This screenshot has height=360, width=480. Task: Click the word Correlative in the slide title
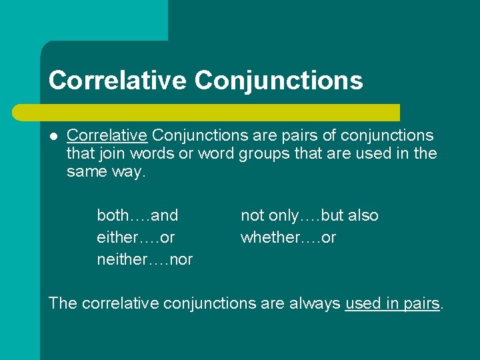(x=117, y=81)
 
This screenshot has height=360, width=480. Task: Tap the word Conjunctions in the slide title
(x=279, y=81)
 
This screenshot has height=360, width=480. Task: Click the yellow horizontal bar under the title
(x=220, y=112)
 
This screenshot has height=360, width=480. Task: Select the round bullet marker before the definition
(x=53, y=136)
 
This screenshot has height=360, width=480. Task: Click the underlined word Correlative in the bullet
(x=107, y=135)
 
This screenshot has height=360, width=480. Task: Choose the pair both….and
(x=137, y=215)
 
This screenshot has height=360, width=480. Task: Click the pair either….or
(x=136, y=237)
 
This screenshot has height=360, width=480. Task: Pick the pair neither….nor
(x=145, y=259)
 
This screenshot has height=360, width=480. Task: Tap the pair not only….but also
(x=309, y=215)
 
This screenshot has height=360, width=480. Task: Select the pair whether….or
(x=288, y=237)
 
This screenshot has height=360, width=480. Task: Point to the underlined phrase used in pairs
(x=393, y=303)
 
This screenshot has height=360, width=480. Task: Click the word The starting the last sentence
(x=63, y=303)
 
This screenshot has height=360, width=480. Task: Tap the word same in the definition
(x=85, y=171)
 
